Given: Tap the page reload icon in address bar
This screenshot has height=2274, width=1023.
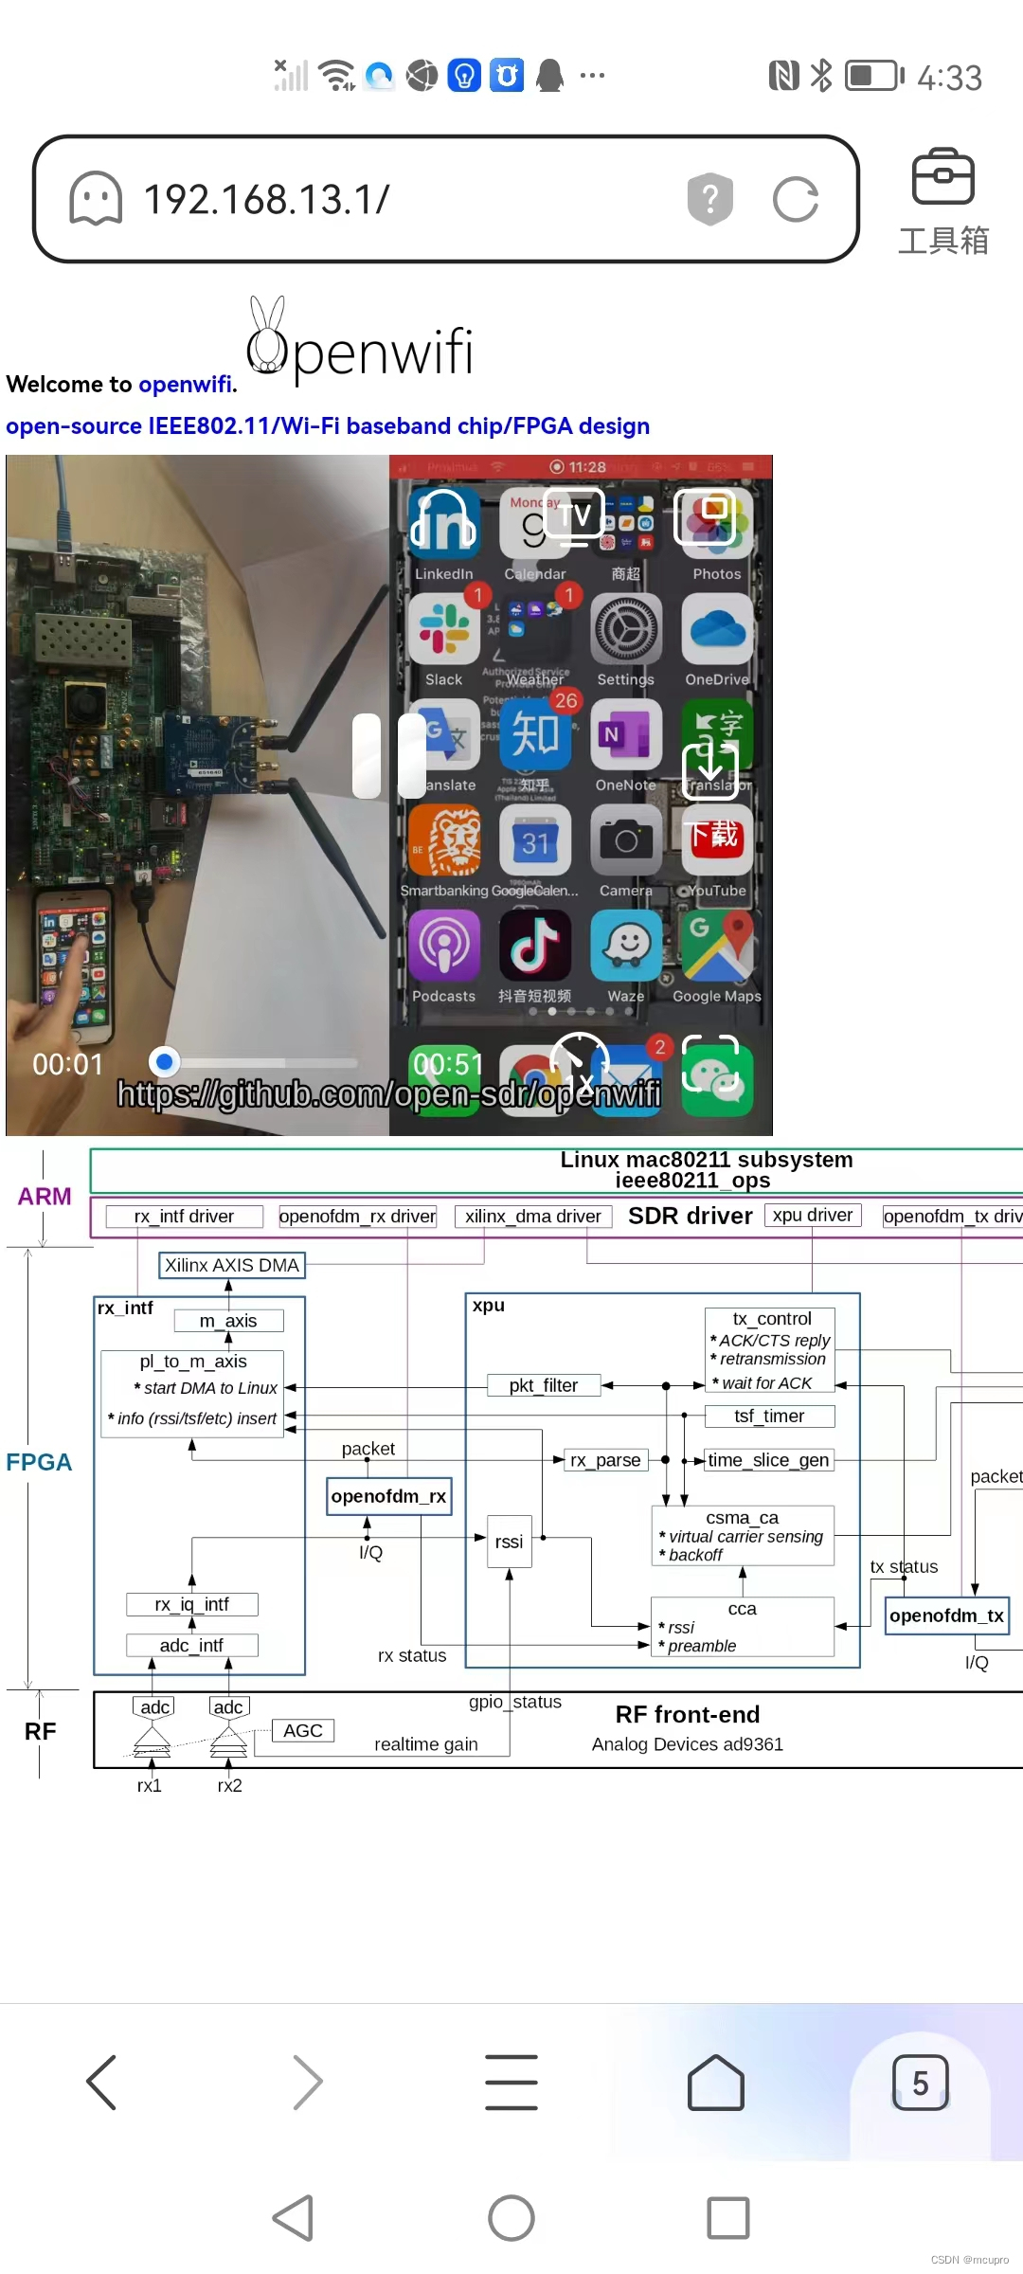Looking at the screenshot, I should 795,200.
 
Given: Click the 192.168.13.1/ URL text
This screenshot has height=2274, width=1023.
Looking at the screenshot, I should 266,200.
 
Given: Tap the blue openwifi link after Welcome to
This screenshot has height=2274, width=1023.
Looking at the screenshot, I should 185,384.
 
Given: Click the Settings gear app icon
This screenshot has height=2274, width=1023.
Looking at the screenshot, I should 626,629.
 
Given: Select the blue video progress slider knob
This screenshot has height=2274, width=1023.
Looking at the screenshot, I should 165,1062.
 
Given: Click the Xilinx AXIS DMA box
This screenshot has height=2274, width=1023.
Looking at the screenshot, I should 232,1265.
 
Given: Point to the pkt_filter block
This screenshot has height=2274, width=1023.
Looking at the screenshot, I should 544,1385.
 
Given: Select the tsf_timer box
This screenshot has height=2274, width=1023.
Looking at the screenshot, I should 769,1416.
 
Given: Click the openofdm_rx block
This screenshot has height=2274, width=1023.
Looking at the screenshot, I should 388,1496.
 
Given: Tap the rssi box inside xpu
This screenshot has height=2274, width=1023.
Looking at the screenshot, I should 509,1542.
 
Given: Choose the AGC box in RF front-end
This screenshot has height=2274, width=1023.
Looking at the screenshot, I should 303,1730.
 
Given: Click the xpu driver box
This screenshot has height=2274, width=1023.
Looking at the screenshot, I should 813,1215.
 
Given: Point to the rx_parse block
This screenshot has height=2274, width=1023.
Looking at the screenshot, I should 605,1460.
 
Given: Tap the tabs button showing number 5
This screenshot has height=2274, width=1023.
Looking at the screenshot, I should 920,2083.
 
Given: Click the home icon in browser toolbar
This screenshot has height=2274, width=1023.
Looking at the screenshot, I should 716,2083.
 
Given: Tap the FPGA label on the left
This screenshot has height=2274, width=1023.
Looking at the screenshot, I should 39,1462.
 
